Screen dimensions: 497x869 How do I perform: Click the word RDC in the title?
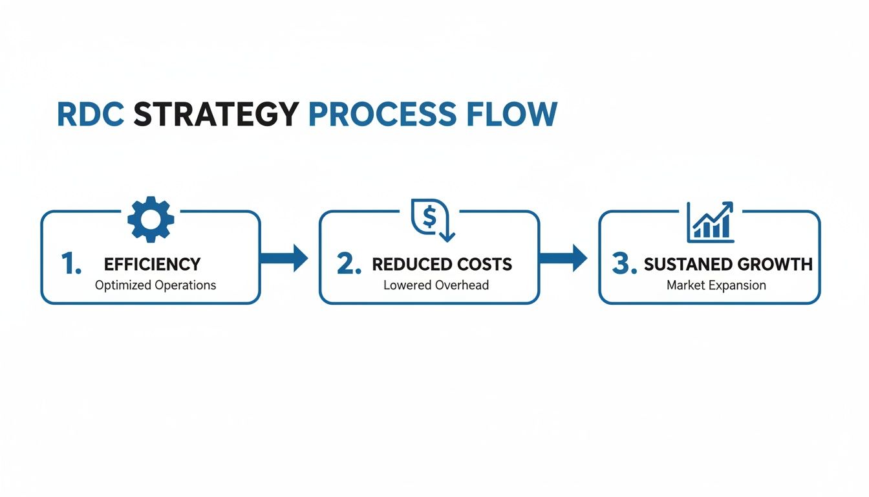[x=91, y=115]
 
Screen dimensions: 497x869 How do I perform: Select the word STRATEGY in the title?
[x=216, y=115]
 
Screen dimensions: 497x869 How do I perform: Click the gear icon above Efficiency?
[x=151, y=219]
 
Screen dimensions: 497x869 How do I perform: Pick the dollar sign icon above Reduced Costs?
[x=430, y=219]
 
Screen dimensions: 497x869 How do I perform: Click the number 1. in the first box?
[x=71, y=264]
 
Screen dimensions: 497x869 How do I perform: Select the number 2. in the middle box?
[x=349, y=264]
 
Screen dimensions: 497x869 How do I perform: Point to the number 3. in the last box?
[x=625, y=264]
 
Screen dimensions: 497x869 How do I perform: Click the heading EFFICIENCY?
[x=152, y=264]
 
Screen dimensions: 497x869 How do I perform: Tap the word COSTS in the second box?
[x=485, y=264]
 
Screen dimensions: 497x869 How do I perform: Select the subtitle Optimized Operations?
[x=155, y=285]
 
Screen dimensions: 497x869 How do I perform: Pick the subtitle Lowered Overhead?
[x=436, y=285]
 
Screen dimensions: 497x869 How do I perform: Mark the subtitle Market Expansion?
[x=716, y=285]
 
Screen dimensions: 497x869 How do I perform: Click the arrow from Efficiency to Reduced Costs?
[x=284, y=258]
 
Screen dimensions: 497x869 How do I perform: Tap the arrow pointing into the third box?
[x=563, y=258]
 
